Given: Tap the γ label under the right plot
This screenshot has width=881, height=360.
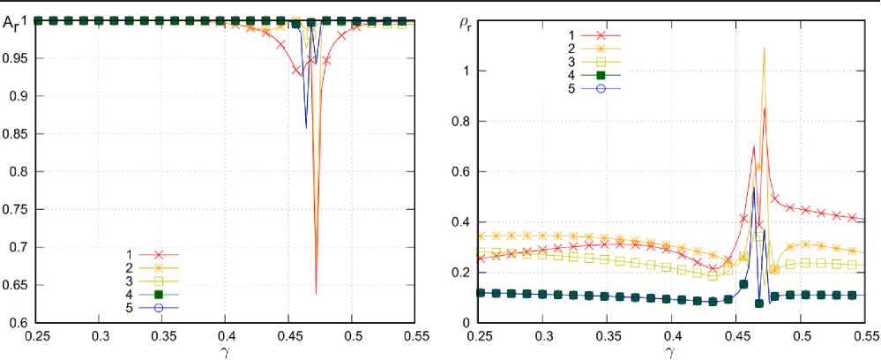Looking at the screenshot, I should pos(672,351).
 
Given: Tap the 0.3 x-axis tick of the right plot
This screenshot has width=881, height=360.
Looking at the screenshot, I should pos(545,337).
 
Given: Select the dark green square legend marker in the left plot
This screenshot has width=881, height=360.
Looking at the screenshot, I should pos(160,294).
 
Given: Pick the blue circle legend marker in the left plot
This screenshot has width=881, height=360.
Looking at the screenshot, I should pos(160,307).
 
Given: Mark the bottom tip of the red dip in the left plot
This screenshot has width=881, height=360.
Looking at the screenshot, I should pos(316,293).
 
